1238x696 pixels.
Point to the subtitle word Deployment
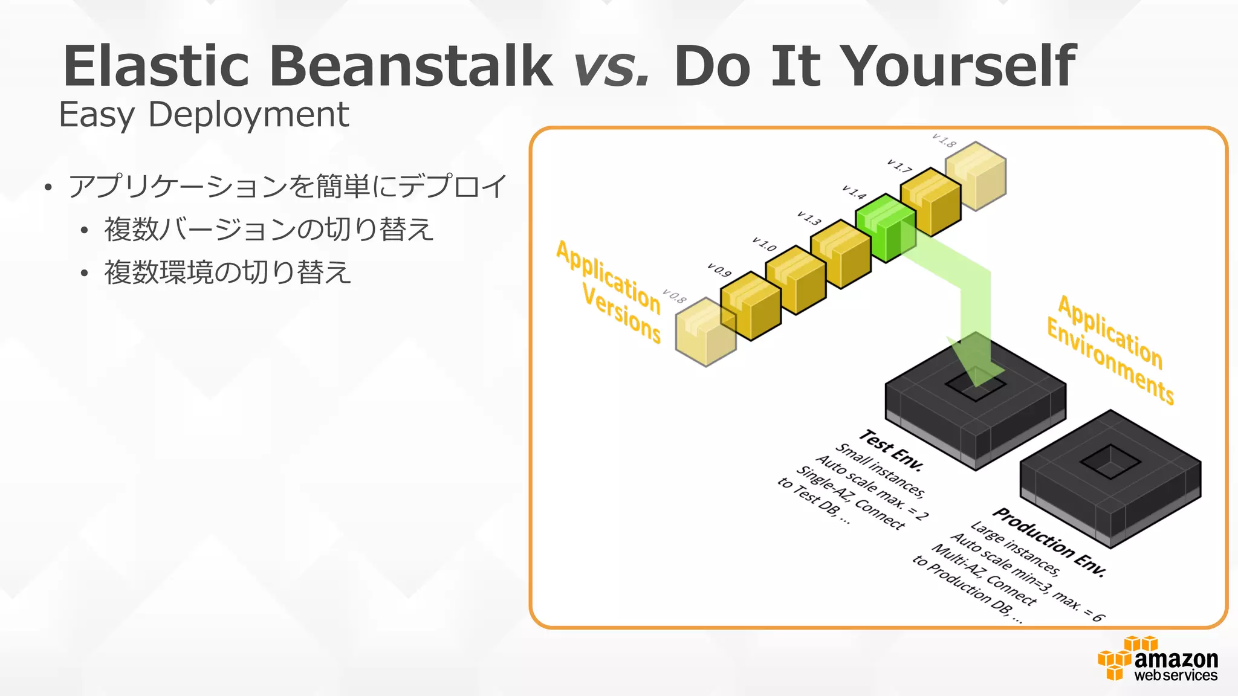coord(248,114)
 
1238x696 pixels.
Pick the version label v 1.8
coord(944,141)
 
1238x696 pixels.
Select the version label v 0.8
coord(674,296)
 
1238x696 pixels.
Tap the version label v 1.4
coord(854,192)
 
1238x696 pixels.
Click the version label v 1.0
coord(764,244)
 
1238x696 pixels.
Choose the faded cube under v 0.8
coord(705,332)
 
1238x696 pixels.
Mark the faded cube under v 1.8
coord(976,176)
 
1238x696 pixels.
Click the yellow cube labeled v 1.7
coord(930,202)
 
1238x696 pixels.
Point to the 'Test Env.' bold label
coord(892,450)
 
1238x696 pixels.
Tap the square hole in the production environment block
coord(1110,462)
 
